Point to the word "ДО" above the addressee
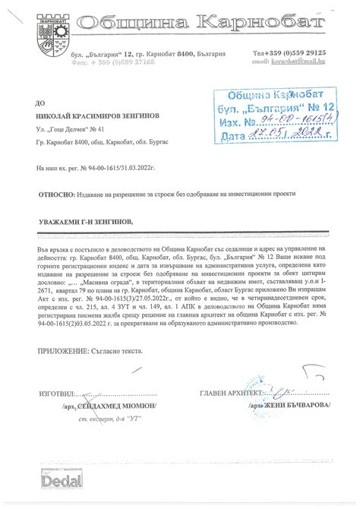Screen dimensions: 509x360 [40, 100]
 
